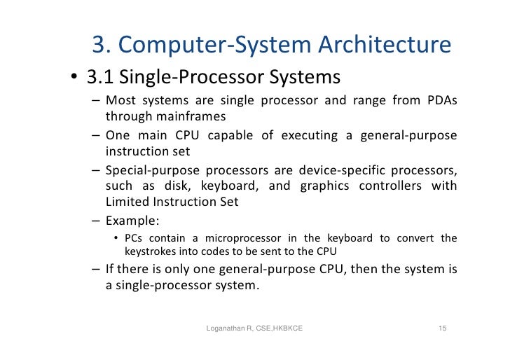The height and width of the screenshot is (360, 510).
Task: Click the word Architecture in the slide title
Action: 385,46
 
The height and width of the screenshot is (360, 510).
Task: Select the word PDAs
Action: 440,100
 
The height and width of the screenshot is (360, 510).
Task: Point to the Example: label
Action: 132,220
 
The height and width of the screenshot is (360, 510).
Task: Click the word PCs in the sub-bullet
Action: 133,238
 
